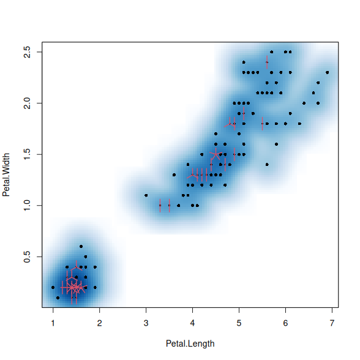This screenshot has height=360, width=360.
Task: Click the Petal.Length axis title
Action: click(x=190, y=344)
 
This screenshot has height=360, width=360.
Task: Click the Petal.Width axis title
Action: click(x=6, y=174)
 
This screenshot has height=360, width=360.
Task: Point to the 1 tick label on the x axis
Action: click(x=53, y=323)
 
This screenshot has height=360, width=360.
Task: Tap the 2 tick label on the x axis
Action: click(x=99, y=323)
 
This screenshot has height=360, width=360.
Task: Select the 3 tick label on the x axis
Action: click(x=146, y=323)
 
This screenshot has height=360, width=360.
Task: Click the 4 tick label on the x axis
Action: click(x=192, y=323)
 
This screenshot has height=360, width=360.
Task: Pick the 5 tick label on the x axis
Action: click(x=239, y=323)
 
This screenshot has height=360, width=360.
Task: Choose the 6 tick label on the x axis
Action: click(x=285, y=323)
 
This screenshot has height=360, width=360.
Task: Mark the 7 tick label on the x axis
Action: click(x=332, y=323)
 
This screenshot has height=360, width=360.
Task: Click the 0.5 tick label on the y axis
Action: click(x=27, y=257)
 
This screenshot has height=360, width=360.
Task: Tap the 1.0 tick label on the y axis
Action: click(x=27, y=206)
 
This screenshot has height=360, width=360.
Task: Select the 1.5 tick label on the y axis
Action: click(x=27, y=154)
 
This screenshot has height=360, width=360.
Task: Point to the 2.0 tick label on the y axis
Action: click(x=27, y=103)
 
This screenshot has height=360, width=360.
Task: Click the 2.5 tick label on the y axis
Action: click(x=27, y=52)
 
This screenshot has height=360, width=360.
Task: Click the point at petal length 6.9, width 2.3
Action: click(x=328, y=72)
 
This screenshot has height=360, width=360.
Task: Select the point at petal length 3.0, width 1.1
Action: click(x=146, y=195)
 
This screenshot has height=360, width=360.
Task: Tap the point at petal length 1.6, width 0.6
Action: click(x=81, y=246)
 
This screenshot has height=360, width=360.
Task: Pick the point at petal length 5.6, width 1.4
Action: click(x=267, y=164)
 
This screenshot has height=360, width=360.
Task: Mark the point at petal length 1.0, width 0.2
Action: click(x=53, y=287)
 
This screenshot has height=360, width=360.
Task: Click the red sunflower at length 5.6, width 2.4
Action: click(x=267, y=62)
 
